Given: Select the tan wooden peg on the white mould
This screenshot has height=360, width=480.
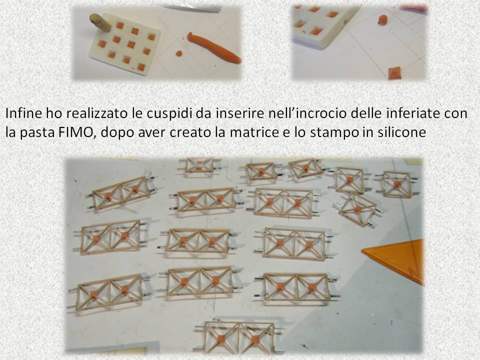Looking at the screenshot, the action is pyautogui.click(x=100, y=22).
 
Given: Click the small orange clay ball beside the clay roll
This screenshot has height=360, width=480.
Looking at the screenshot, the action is pyautogui.click(x=179, y=53).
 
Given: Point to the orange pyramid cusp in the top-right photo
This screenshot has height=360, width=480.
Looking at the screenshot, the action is pyautogui.click(x=395, y=73).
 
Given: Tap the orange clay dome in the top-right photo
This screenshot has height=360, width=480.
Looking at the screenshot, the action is pyautogui.click(x=382, y=19).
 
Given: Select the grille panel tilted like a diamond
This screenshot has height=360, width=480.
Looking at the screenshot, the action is pyautogui.click(x=357, y=210).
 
